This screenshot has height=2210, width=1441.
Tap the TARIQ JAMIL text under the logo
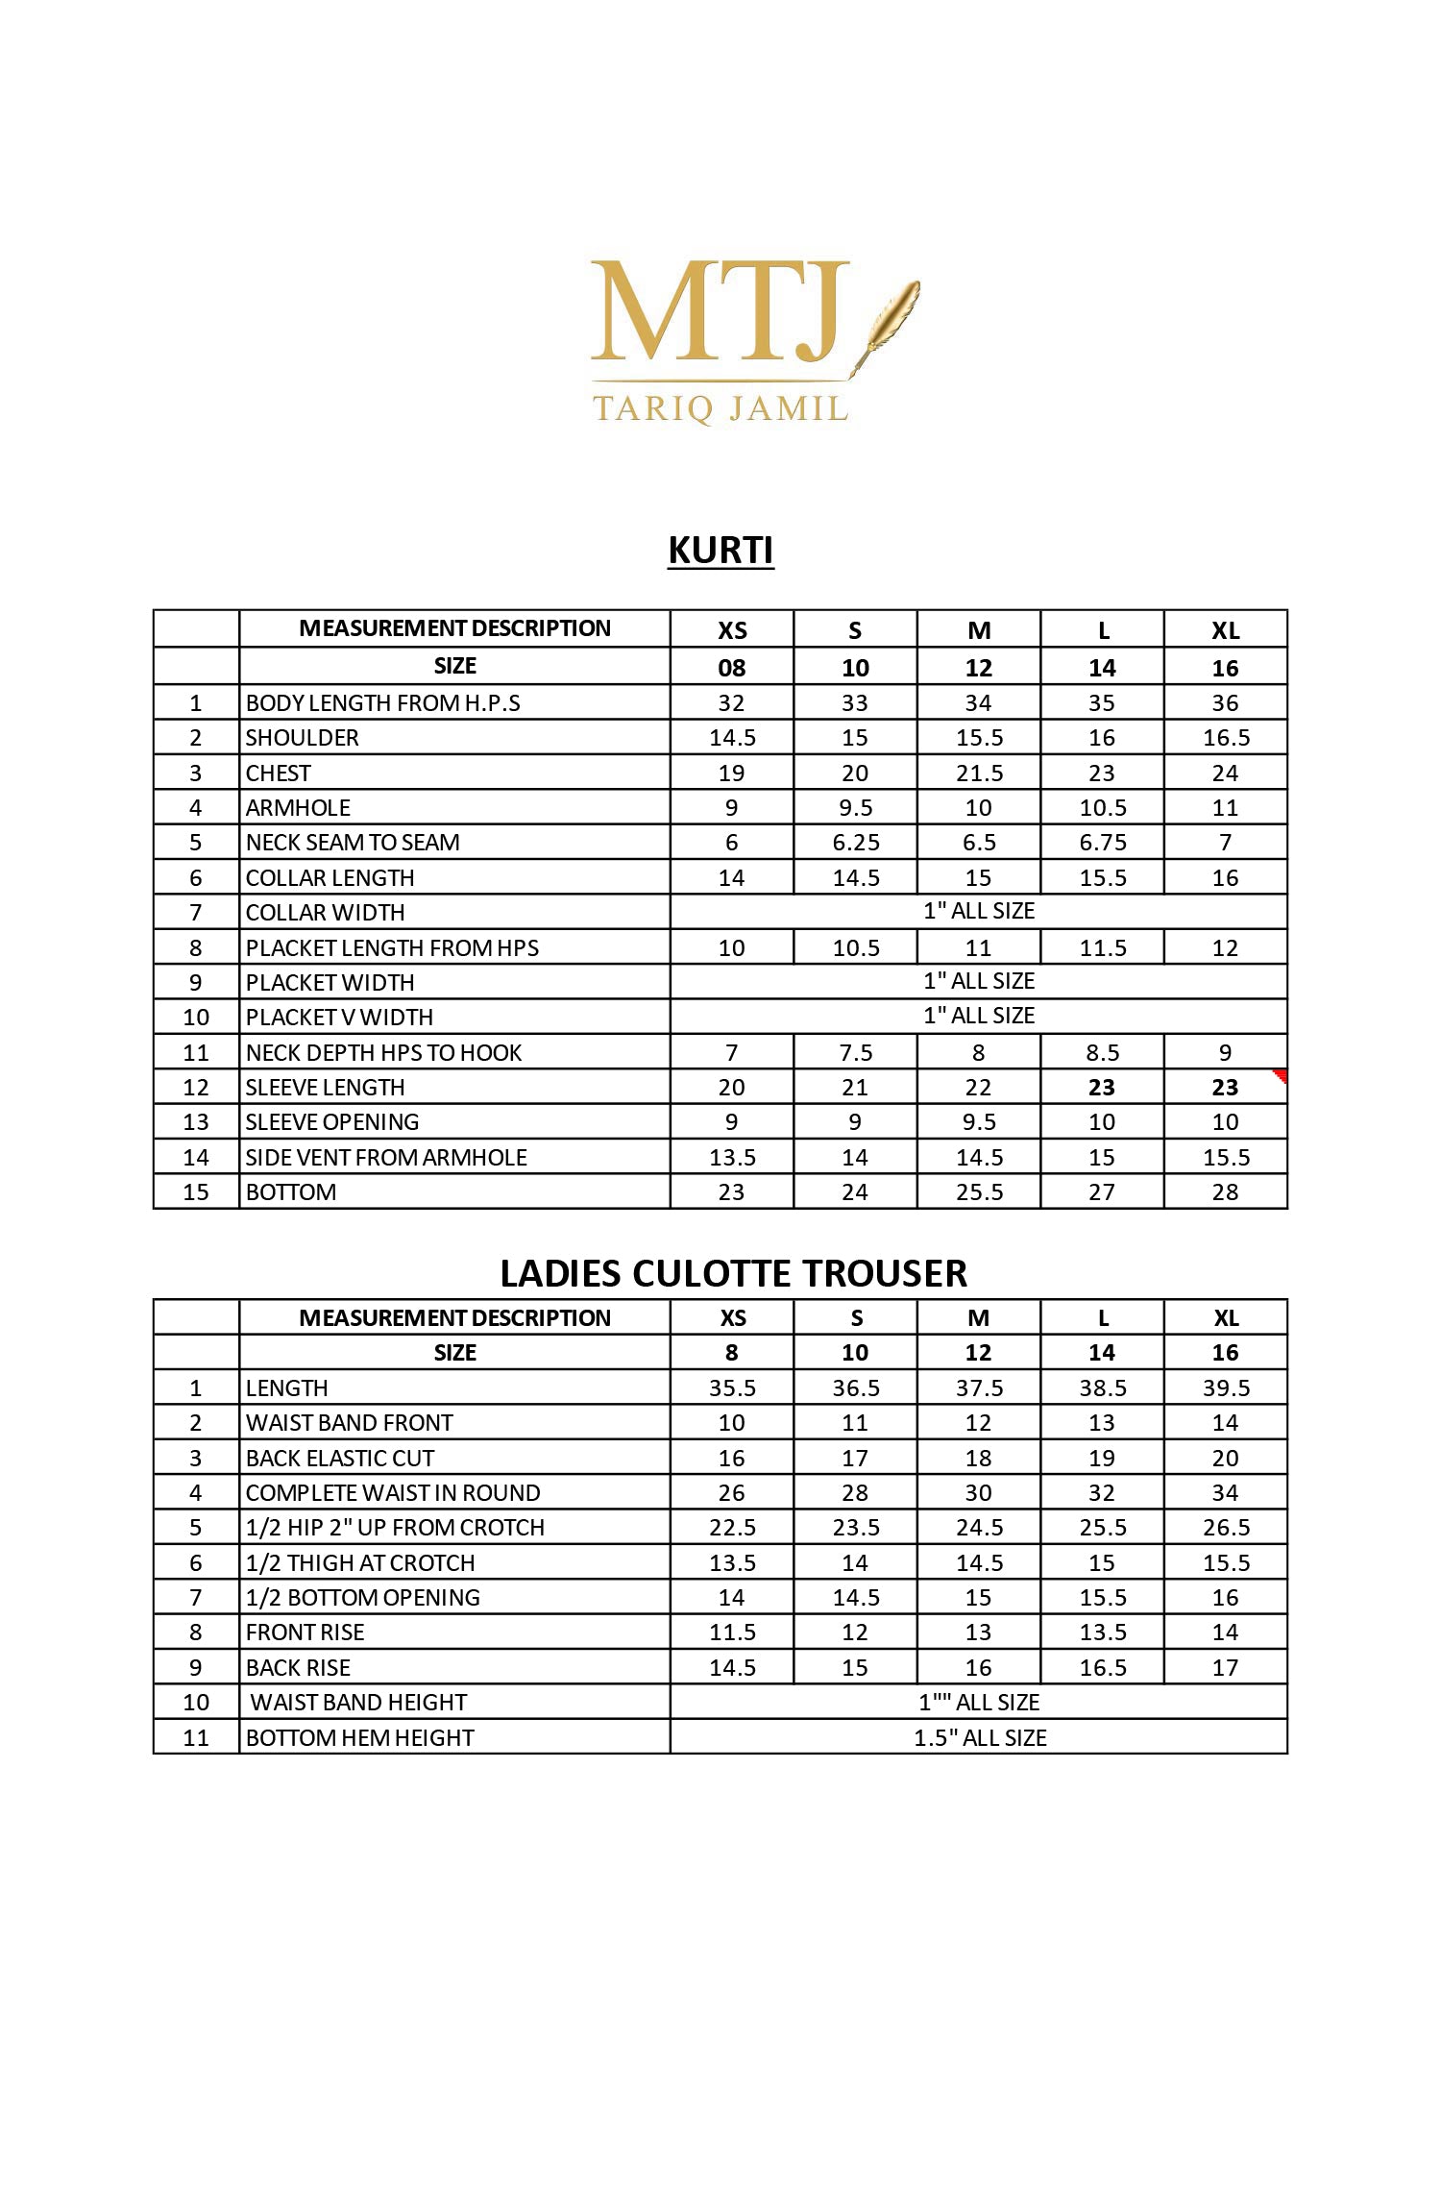tap(720, 408)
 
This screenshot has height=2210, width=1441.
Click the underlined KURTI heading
tap(720, 551)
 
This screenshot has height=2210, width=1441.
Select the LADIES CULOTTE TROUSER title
tap(733, 1273)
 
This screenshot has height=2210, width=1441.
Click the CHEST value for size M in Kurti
tap(978, 773)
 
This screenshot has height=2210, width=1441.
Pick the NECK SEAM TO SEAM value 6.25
tap(855, 843)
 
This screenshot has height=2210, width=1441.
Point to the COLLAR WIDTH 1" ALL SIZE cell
tap(978, 911)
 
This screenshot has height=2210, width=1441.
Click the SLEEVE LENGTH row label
tap(326, 1088)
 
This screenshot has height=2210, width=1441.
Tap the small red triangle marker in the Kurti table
tap(1280, 1075)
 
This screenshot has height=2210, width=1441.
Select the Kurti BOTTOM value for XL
tap(1225, 1192)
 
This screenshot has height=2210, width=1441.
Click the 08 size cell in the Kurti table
tap(732, 668)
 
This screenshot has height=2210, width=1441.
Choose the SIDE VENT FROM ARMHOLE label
tap(386, 1158)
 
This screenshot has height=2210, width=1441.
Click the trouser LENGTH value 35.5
tap(732, 1388)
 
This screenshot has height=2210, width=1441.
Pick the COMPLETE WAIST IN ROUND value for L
tap(1102, 1493)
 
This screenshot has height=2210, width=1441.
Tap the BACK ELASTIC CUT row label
tap(340, 1459)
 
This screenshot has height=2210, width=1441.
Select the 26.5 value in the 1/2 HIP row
tap(1225, 1528)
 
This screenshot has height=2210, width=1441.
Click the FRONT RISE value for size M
tap(978, 1633)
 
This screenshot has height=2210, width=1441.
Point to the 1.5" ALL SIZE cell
tap(978, 1737)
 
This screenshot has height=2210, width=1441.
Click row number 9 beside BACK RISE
tap(196, 1668)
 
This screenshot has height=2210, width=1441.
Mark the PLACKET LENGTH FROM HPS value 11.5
tap(1102, 948)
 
